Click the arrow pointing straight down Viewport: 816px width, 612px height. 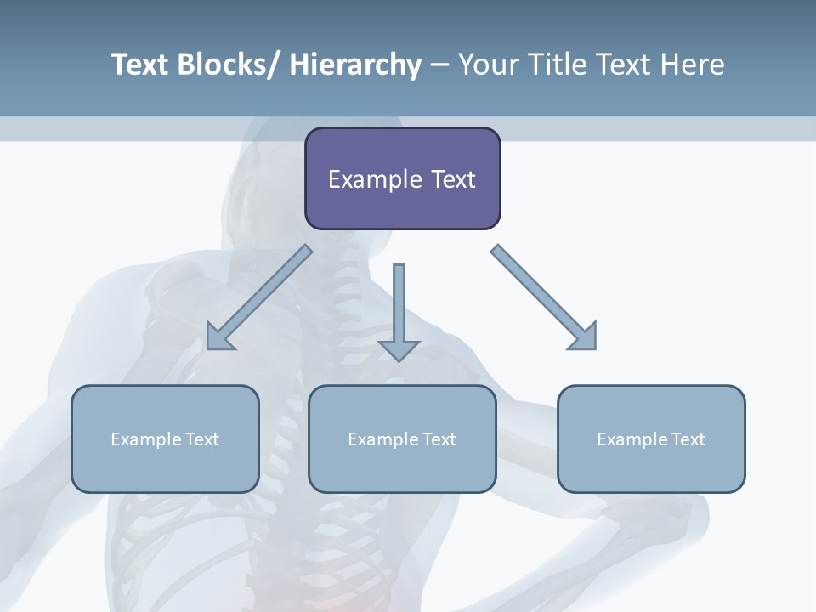point(399,306)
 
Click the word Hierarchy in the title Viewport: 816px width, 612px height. point(355,65)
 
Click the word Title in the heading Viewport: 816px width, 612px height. point(556,65)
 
